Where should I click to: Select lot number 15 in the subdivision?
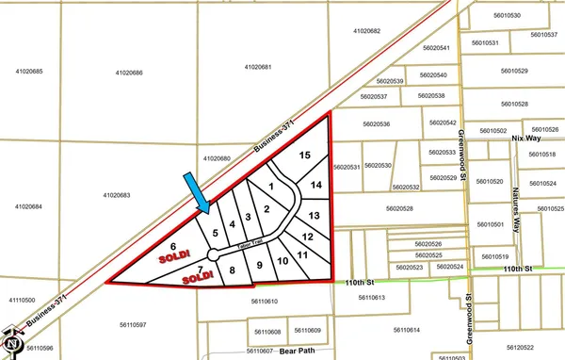[x=304, y=155]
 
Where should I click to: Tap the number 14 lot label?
[x=316, y=185]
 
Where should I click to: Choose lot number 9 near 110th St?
[x=259, y=265]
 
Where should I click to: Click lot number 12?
[x=307, y=236]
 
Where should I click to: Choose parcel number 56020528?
[x=405, y=208]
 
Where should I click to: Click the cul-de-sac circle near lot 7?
[x=214, y=254]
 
